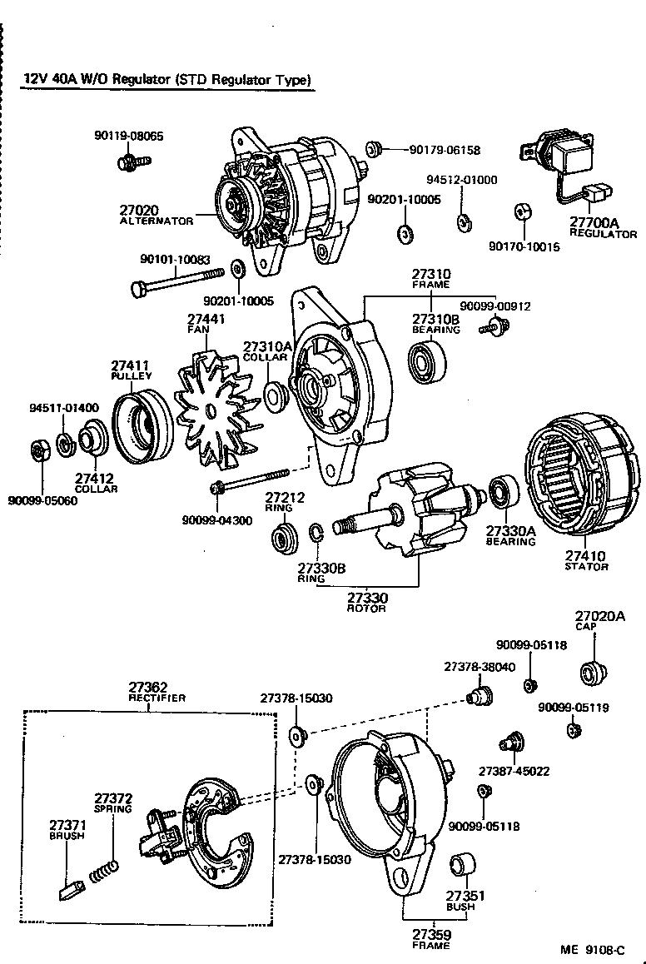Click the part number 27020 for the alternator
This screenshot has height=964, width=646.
(138, 211)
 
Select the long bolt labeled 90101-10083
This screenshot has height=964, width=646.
(177, 281)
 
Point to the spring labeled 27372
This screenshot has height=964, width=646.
(105, 872)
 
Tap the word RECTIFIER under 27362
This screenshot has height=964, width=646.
(157, 698)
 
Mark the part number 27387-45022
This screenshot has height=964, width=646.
(514, 771)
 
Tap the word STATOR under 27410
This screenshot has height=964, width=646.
(587, 567)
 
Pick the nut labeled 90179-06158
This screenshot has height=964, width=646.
(374, 150)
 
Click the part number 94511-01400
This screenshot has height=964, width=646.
(64, 408)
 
